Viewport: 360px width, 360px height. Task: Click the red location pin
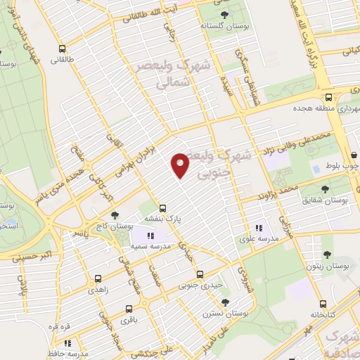[x=181, y=165]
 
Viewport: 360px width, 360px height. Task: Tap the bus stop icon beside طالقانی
[x=63, y=49]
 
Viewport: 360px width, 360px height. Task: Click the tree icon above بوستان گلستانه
[x=224, y=14]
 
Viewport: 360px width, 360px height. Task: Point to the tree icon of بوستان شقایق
[x=324, y=190]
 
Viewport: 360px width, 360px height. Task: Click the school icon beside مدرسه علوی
[x=259, y=228]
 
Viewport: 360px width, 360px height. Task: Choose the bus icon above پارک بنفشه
[x=162, y=208]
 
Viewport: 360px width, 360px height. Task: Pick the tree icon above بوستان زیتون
[x=327, y=255]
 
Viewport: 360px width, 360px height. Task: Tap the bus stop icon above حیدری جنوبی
[x=200, y=274]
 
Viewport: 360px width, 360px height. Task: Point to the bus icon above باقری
[x=128, y=309]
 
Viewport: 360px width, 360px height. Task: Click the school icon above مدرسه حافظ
[x=67, y=343]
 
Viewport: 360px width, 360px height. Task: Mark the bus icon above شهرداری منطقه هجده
[x=328, y=97]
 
